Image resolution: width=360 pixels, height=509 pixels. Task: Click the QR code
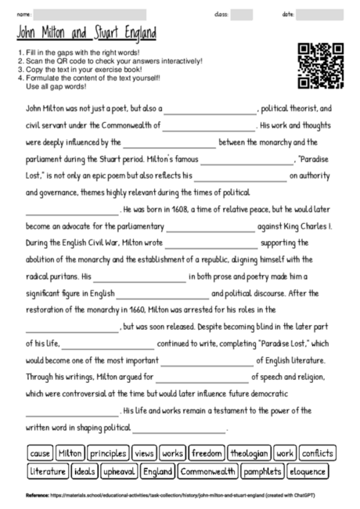pyautogui.click(x=322, y=67)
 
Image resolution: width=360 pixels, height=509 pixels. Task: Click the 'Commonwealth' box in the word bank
pyautogui.click(x=207, y=471)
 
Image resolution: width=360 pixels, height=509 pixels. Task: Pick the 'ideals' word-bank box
pyautogui.click(x=84, y=471)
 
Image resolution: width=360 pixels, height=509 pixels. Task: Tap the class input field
pyautogui.click(x=241, y=14)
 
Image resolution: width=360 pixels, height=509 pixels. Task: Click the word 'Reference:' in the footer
pyautogui.click(x=37, y=495)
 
